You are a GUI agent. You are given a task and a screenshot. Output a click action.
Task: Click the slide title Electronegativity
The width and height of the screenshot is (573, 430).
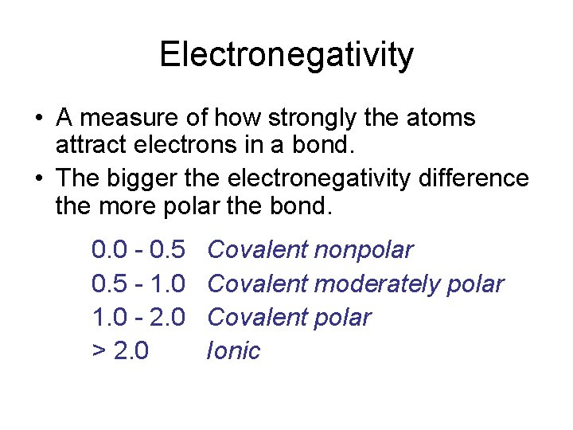(286, 55)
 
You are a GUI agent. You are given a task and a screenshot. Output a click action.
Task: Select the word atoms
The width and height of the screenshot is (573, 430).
(442, 119)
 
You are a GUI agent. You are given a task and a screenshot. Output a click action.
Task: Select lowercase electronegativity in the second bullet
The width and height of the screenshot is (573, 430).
(318, 178)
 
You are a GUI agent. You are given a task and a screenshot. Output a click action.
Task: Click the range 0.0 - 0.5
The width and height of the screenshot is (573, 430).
(138, 251)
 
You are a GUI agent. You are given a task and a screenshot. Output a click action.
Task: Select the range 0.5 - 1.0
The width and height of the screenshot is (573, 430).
(138, 284)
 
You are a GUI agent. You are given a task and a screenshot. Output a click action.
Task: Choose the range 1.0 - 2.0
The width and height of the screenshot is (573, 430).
(138, 318)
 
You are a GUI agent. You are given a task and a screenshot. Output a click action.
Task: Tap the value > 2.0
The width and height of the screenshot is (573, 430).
(120, 351)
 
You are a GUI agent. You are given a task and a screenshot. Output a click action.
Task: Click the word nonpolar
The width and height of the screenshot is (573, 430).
(364, 251)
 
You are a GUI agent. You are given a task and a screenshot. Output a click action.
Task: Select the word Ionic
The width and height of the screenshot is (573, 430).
(233, 351)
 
